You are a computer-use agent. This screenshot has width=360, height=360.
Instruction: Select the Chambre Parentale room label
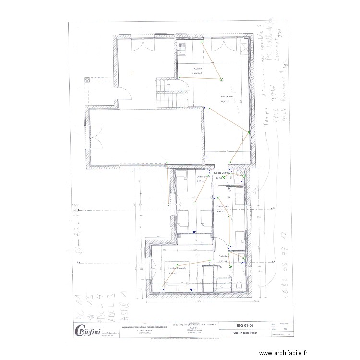[176, 268]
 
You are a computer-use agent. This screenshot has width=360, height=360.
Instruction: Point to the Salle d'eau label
[225, 256]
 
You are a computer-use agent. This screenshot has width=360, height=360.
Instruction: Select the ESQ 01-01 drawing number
[241, 325]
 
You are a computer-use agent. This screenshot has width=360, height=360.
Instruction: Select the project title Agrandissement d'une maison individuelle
[142, 326]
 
